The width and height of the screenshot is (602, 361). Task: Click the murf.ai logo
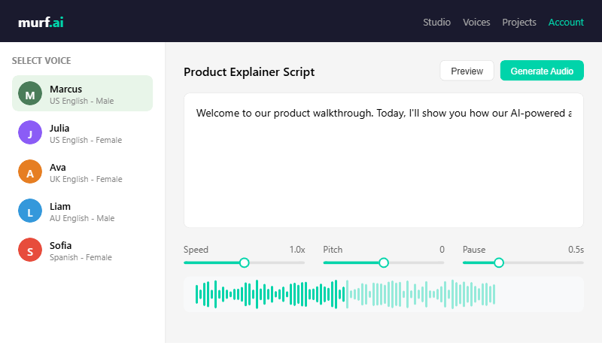[x=41, y=22]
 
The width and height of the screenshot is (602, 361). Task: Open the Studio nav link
[x=436, y=22]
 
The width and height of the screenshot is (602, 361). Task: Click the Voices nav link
[x=476, y=22]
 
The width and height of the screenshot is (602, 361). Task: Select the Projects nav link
[x=519, y=22]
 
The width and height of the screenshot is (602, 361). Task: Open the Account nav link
[x=566, y=22]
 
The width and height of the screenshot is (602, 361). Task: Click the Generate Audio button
[x=542, y=71]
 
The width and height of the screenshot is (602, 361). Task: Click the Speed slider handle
[x=244, y=262]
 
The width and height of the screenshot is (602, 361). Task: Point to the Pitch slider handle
[x=384, y=262]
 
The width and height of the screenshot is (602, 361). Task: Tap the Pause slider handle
[x=499, y=262]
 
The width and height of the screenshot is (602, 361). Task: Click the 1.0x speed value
[x=297, y=250]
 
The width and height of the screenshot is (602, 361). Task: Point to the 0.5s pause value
[x=576, y=250]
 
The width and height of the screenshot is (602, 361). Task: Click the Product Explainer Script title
[x=249, y=72]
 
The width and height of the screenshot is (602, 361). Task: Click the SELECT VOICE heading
[x=41, y=61]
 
